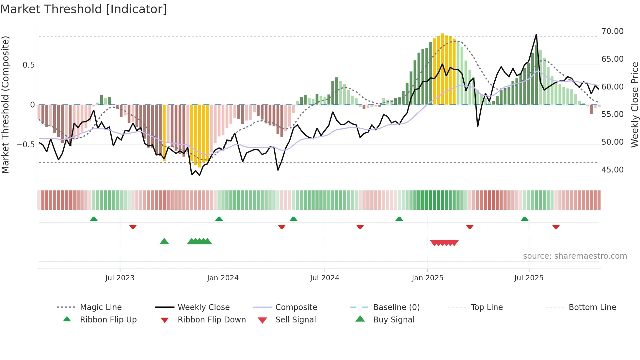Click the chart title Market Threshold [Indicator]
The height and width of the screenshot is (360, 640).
84,9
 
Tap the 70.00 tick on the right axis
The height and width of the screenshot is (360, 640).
612,31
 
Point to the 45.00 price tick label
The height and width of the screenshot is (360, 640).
612,170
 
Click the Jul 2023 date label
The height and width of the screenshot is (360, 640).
120,278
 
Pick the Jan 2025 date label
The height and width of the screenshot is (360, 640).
427,278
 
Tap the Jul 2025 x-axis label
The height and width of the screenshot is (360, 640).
529,278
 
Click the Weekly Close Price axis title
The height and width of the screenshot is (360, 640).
634,105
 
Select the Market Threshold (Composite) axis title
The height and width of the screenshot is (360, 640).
5,105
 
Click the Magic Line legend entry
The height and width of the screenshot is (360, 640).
101,307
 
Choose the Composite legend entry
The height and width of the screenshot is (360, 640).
296,307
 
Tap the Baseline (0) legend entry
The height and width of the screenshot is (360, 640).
396,307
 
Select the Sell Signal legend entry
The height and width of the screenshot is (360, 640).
295,320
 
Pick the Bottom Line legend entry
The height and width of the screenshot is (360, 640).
592,307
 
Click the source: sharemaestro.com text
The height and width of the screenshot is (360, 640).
575,256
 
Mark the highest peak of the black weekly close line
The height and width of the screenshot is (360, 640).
536,35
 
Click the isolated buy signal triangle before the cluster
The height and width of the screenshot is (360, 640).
164,241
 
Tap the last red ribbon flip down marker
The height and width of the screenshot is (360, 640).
556,227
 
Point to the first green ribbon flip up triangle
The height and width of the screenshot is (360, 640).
94,219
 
